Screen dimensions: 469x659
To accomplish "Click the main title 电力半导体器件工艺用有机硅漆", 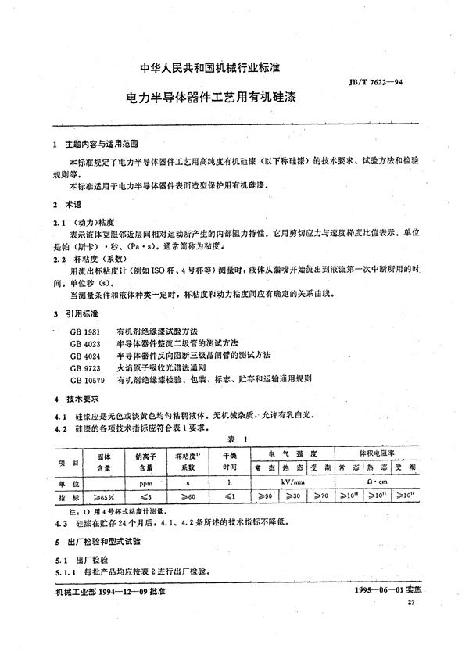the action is click(213, 100).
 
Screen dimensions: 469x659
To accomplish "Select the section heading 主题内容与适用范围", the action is click(101, 145).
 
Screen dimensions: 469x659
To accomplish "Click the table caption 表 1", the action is click(235, 440).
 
